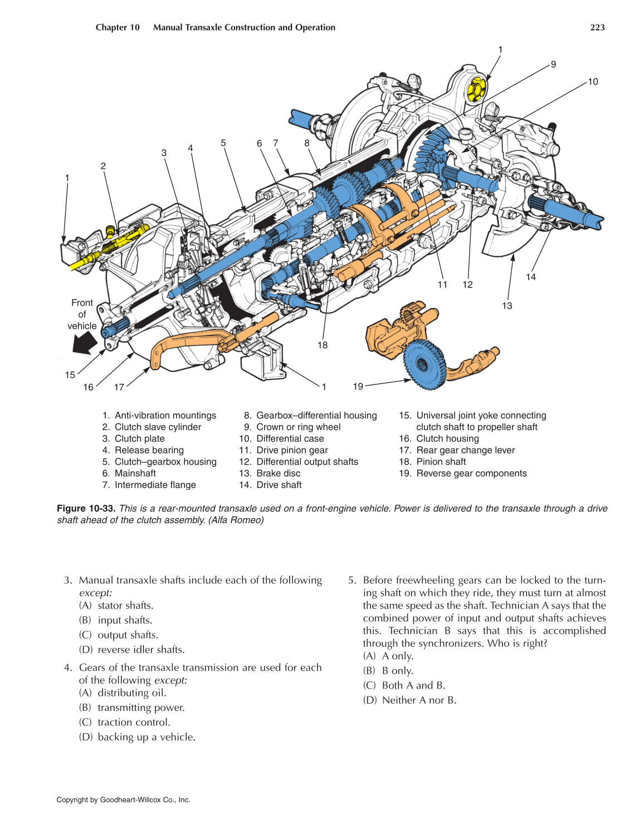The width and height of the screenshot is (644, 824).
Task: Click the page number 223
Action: [597, 27]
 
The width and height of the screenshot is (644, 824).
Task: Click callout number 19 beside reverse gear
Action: [358, 386]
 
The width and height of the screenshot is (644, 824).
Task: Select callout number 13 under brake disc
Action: [506, 305]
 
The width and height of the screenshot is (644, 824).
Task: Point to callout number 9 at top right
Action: [553, 65]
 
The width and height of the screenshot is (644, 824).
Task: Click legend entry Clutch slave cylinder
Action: [158, 427]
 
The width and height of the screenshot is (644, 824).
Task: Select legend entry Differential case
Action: [290, 438]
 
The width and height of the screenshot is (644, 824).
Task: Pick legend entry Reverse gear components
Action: [471, 473]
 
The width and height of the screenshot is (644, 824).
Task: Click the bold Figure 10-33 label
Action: [86, 508]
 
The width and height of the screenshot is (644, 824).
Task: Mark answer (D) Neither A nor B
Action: [418, 700]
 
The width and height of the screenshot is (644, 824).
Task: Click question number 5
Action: [352, 580]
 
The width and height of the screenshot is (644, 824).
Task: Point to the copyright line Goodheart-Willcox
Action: [123, 799]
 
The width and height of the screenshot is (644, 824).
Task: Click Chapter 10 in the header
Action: [118, 27]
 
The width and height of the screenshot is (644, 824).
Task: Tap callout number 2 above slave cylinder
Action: [103, 166]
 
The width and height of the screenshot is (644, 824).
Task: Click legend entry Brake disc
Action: [278, 473]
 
